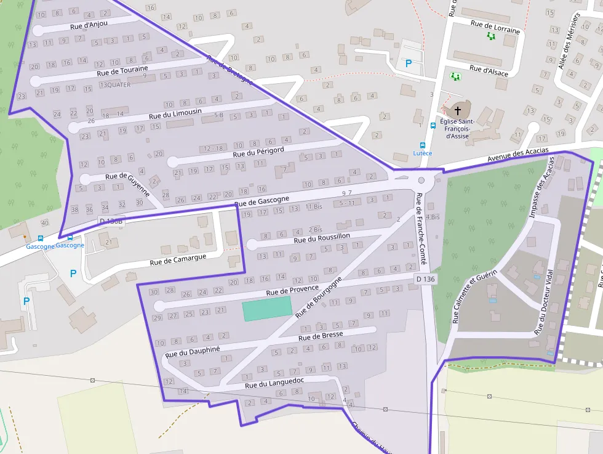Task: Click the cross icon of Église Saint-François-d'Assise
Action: [457, 111]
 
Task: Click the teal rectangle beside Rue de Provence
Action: [266, 308]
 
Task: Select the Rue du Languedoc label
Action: [274, 384]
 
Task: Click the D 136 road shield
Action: [425, 279]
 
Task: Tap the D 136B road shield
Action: [111, 221]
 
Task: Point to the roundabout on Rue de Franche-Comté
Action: [421, 180]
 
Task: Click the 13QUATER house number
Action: [114, 85]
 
